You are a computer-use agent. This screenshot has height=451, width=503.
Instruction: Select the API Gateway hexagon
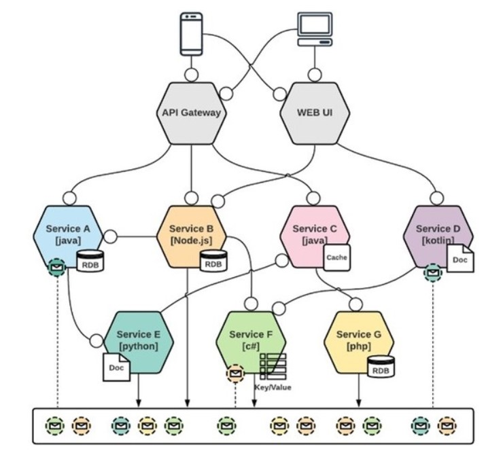pyautogui.click(x=192, y=113)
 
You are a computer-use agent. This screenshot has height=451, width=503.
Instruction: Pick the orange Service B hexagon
pyautogui.click(x=191, y=234)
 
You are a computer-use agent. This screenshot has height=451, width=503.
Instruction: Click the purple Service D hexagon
pyautogui.click(x=437, y=234)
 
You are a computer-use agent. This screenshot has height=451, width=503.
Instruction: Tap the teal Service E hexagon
pyautogui.click(x=138, y=340)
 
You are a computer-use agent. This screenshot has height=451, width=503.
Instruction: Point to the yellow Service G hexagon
pyautogui.click(x=358, y=340)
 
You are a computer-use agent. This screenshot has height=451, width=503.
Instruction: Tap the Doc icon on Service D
pyautogui.click(x=460, y=259)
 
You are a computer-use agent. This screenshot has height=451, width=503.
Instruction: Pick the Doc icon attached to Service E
pyautogui.click(x=116, y=367)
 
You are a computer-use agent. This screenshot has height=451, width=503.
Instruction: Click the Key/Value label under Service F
pyautogui.click(x=273, y=387)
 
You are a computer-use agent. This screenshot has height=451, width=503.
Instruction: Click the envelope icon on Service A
pyautogui.click(x=57, y=270)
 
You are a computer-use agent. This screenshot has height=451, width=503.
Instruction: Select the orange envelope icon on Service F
pyautogui.click(x=235, y=373)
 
